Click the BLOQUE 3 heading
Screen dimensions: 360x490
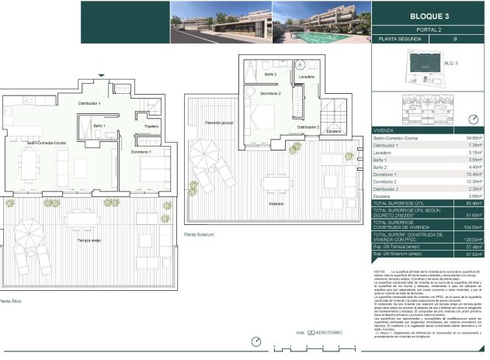427,16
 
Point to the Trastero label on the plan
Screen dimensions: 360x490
151,126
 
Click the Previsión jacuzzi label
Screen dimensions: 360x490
220,123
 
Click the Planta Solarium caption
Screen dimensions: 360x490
200,234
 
